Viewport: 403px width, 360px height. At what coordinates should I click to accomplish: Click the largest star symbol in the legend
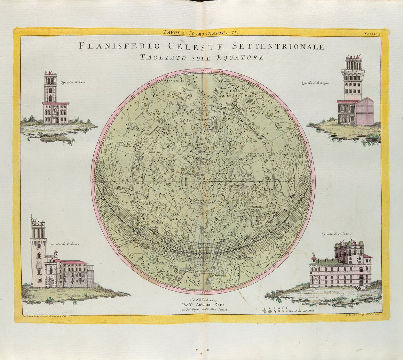click(x=265, y=311)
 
